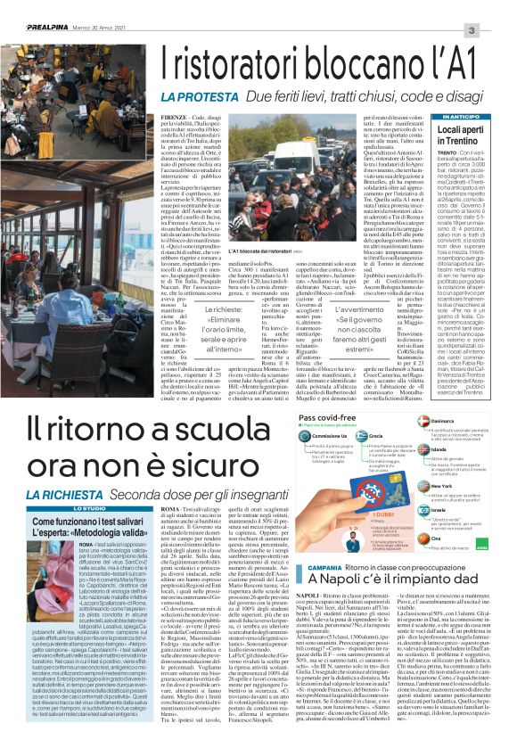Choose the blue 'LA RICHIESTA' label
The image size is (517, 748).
point(59,493)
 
